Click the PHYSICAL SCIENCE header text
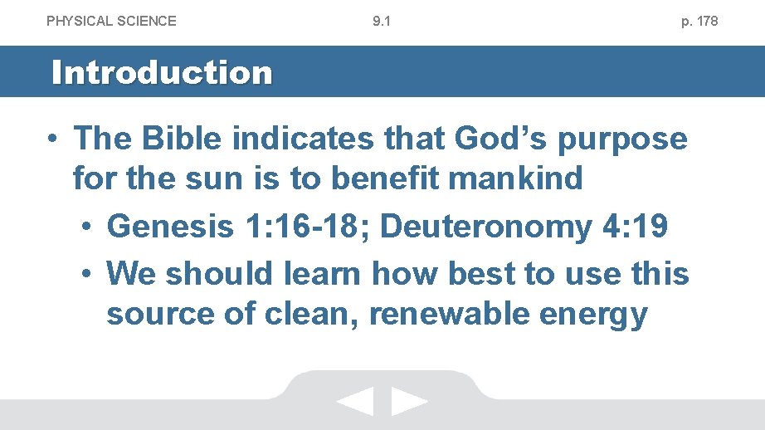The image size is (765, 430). [111, 21]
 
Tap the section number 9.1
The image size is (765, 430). [382, 21]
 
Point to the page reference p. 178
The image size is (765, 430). [699, 21]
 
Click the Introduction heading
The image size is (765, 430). [162, 72]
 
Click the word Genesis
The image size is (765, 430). [170, 227]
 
